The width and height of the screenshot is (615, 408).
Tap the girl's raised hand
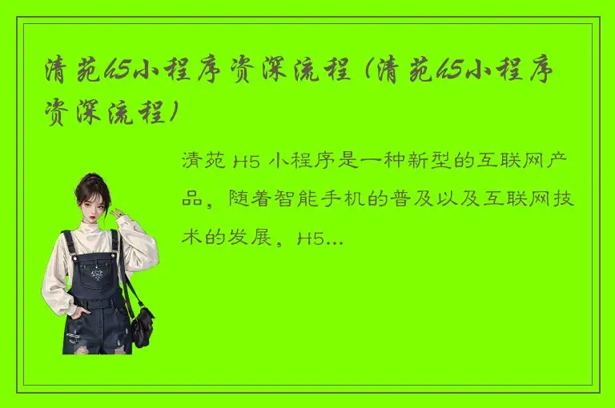click(119, 214)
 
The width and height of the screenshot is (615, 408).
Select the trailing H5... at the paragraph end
click(320, 238)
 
